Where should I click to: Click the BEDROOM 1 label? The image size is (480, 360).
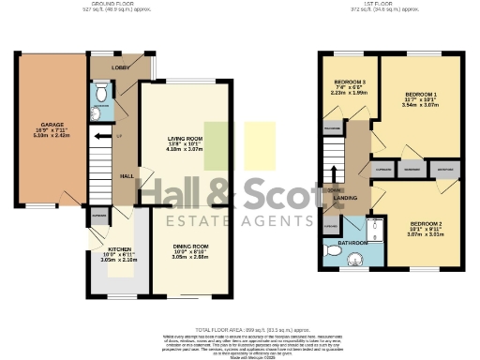421,96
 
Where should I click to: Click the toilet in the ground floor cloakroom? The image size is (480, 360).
101,95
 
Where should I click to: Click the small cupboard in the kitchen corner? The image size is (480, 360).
98,217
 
